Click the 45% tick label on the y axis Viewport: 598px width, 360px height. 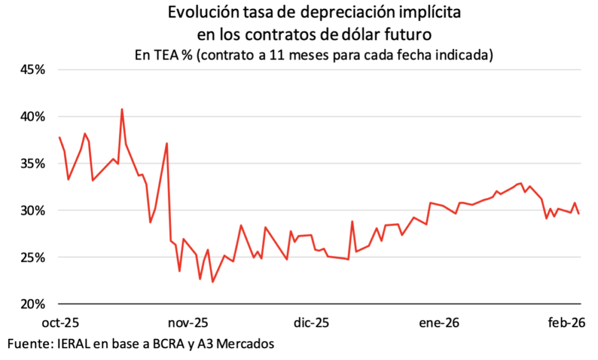click(33, 70)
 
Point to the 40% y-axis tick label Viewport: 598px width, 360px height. click(33, 116)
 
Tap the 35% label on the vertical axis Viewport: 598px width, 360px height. click(33, 163)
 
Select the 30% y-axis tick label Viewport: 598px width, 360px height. click(33, 210)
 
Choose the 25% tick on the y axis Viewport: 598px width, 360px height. click(33, 257)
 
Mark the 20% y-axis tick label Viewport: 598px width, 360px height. click(33, 304)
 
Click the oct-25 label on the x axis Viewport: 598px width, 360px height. click(60, 323)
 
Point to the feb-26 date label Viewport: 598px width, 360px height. click(565, 323)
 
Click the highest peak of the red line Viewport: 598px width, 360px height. click(121, 109)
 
